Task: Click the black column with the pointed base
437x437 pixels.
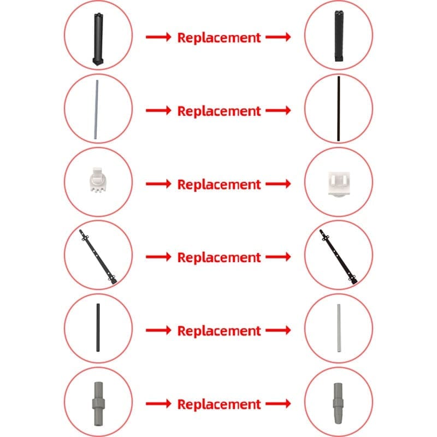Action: (98, 39)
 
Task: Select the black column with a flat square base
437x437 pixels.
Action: (339, 36)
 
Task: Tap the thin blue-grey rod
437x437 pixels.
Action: (96, 110)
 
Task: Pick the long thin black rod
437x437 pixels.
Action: (339, 109)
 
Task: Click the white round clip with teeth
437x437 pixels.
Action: (97, 180)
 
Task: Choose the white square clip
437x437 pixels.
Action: (339, 184)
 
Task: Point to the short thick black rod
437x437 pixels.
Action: (98, 327)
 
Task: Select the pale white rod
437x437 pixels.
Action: (339, 328)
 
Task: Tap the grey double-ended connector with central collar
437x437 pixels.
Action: (98, 404)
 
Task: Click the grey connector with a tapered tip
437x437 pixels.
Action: (338, 404)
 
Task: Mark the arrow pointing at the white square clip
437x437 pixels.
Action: (278, 184)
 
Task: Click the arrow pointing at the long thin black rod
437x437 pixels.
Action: (278, 110)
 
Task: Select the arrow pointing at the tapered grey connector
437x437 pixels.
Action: (278, 404)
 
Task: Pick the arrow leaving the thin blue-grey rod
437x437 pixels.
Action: (158, 110)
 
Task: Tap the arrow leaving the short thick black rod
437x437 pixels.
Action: (158, 330)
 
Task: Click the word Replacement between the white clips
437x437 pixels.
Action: (219, 185)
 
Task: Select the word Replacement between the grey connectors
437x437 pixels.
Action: (219, 404)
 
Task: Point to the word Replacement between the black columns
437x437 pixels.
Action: (219, 38)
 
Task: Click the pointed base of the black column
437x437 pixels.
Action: (98, 62)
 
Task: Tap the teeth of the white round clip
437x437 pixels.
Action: (97, 190)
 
